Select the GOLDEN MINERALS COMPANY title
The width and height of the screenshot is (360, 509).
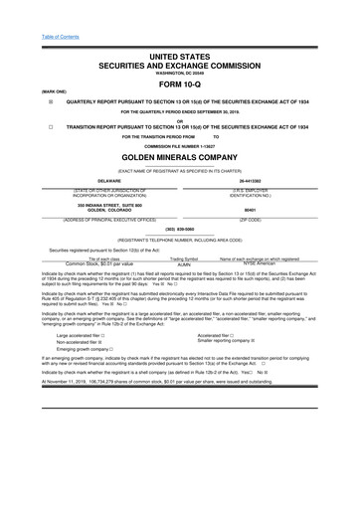[x=180, y=157]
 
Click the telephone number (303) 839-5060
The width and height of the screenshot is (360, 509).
[x=180, y=227]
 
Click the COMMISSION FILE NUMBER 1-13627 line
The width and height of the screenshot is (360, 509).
[x=180, y=145]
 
